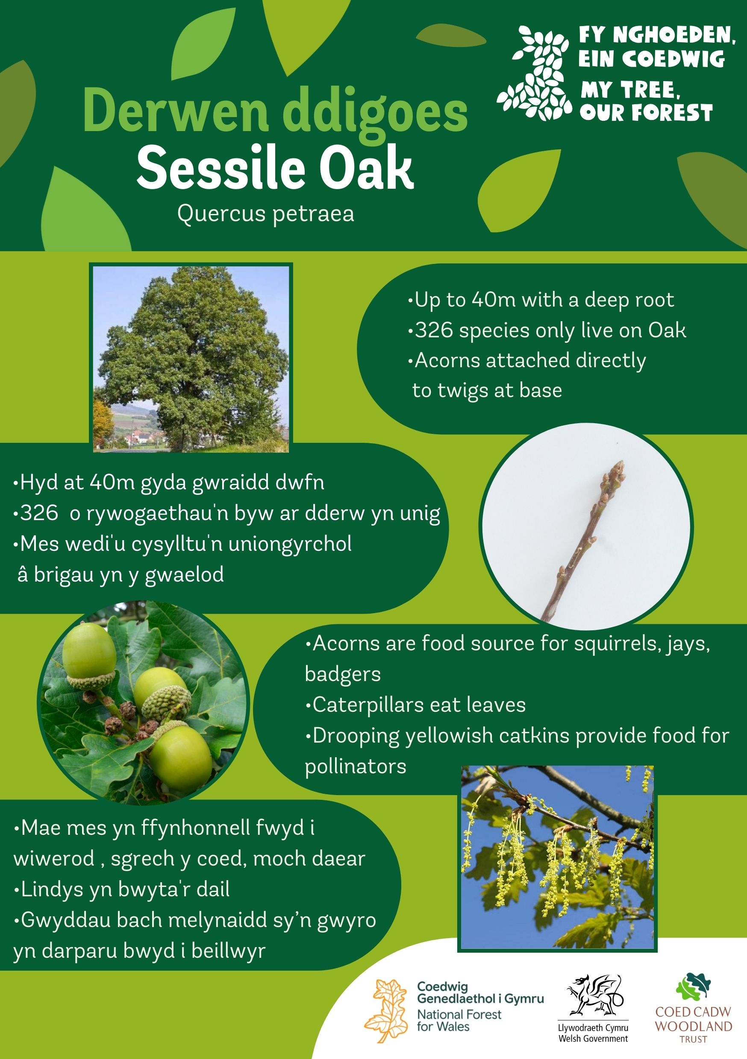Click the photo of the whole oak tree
point(191,358)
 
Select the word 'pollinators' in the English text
point(356,766)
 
